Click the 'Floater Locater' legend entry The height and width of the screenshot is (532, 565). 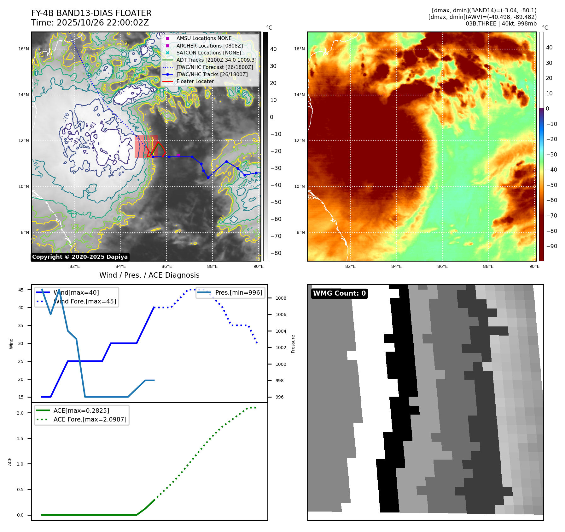click(x=195, y=82)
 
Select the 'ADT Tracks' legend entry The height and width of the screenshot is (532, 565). click(x=216, y=60)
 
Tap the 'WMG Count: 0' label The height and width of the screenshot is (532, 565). click(x=339, y=293)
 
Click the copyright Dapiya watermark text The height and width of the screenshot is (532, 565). click(x=80, y=257)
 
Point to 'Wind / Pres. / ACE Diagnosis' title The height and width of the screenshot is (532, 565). click(x=149, y=275)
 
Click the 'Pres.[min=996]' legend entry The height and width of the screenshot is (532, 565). click(x=238, y=292)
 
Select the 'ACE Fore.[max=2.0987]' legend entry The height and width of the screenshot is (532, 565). click(x=90, y=419)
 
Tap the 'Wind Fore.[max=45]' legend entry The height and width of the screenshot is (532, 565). click(x=84, y=301)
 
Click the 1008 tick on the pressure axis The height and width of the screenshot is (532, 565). click(x=281, y=298)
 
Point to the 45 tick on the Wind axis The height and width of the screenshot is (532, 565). click(x=21, y=290)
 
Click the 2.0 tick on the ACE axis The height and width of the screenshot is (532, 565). click(x=20, y=413)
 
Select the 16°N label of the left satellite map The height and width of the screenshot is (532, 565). click(x=24, y=49)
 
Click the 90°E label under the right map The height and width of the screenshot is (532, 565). click(x=534, y=266)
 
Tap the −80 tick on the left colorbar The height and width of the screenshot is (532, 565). click(x=276, y=253)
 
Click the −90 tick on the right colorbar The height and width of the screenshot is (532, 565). click(x=551, y=246)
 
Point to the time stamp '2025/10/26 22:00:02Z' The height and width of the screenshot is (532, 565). click(x=103, y=23)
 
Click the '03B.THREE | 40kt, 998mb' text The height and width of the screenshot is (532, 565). click(x=501, y=24)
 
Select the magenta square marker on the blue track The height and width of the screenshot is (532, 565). click(x=178, y=155)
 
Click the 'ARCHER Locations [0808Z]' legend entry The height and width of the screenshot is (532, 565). click(x=209, y=46)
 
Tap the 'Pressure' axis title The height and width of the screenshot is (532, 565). click(x=293, y=344)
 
